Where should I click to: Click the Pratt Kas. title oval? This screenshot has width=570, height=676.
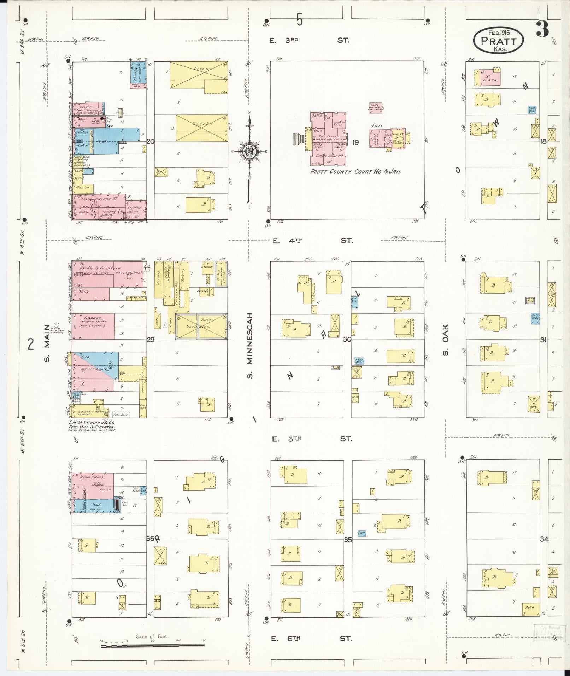(498, 41)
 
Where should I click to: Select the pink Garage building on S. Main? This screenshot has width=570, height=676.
(94, 326)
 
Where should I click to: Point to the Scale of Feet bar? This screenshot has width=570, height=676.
(153, 646)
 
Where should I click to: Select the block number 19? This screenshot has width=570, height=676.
(355, 142)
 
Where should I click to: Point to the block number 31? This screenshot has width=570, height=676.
(543, 340)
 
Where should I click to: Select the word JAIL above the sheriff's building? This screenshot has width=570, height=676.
(377, 125)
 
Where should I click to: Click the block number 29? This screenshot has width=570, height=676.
(151, 340)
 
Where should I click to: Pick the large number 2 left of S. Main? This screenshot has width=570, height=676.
(31, 343)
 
